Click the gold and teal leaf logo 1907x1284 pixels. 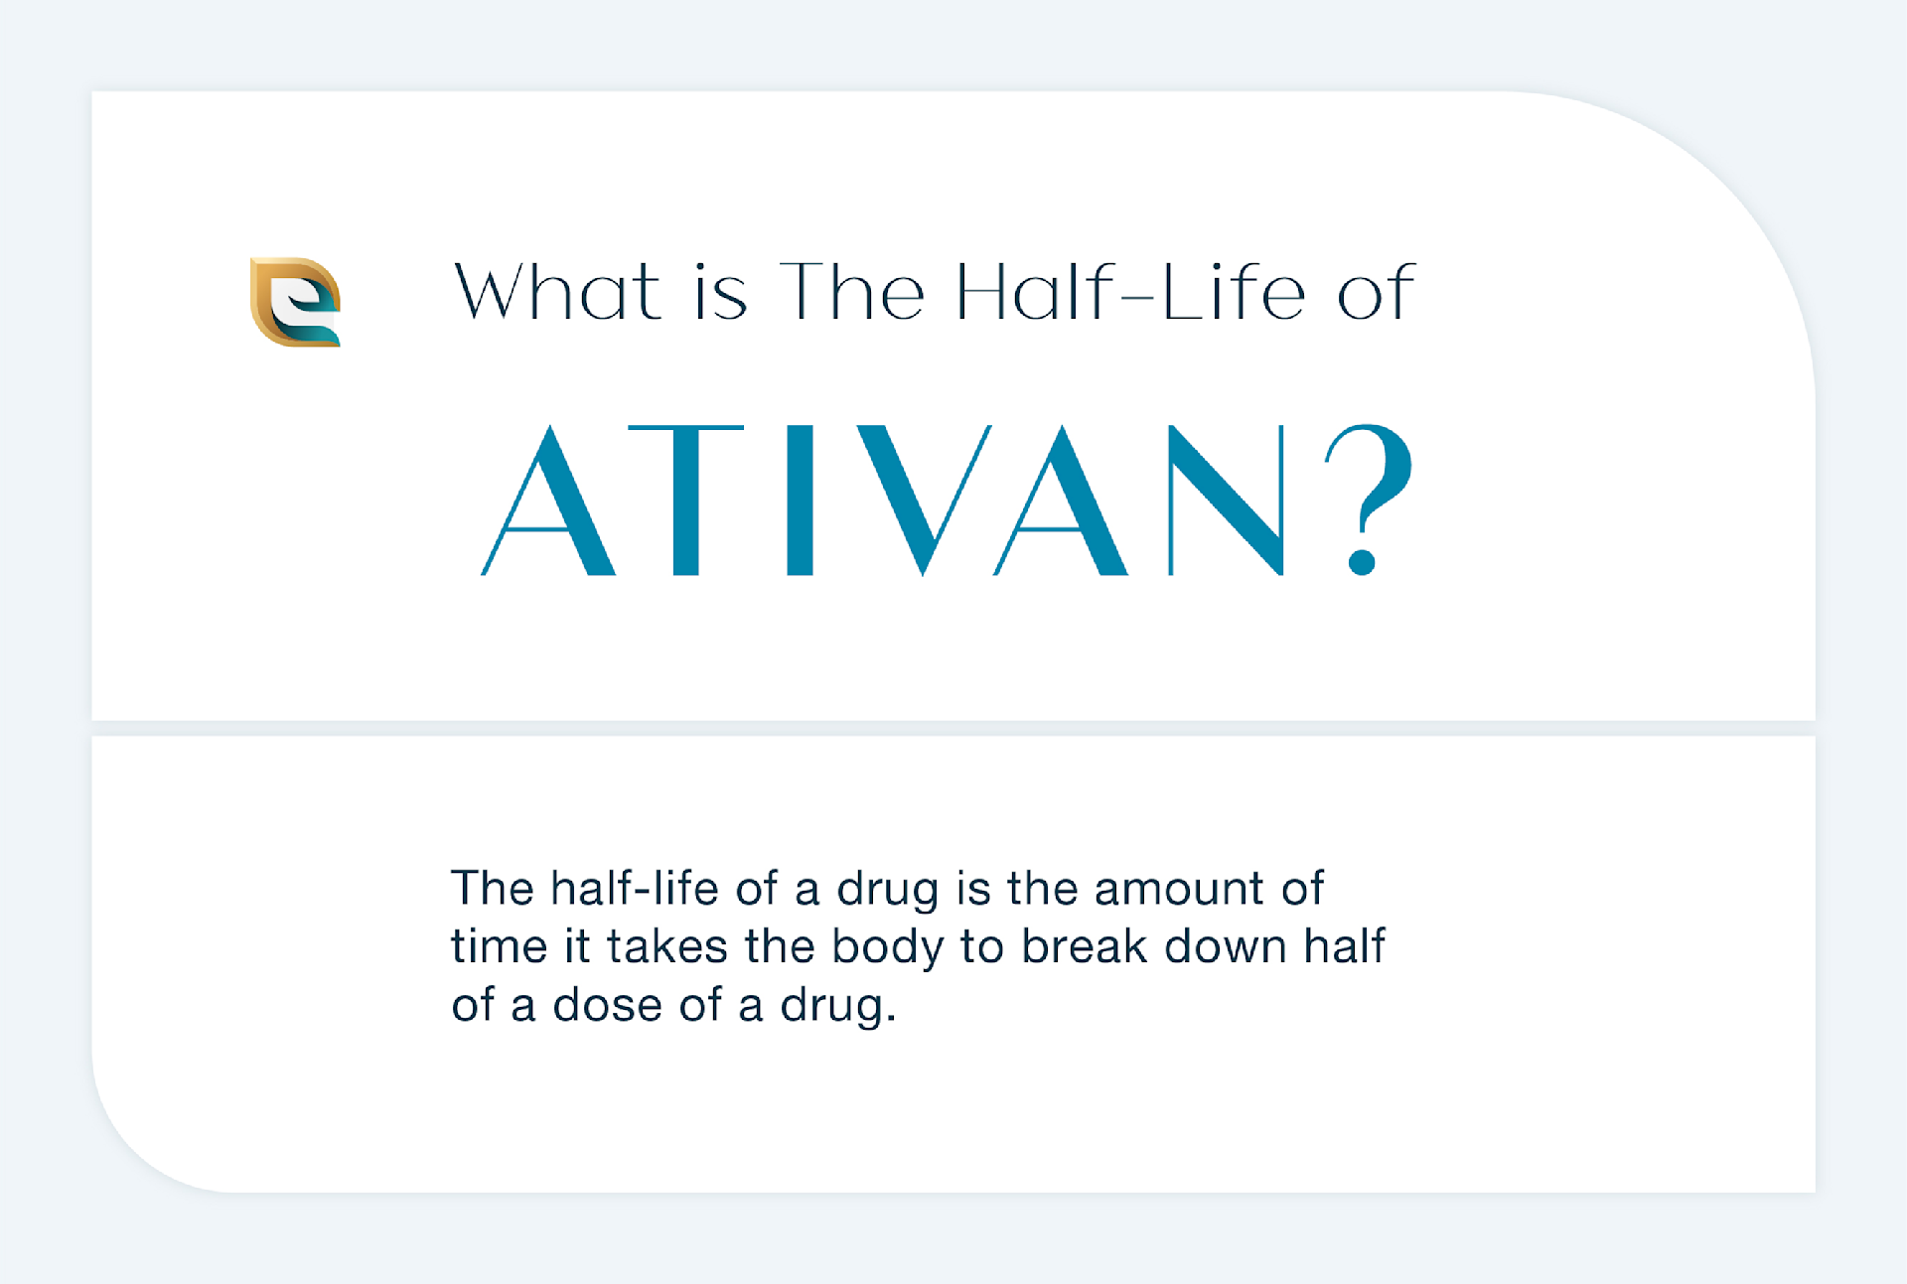click(x=295, y=302)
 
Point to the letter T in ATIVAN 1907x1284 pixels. click(x=686, y=499)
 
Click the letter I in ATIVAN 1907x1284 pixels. click(x=801, y=499)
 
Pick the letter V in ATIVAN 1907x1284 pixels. click(x=924, y=499)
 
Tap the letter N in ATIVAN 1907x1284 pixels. click(x=1227, y=499)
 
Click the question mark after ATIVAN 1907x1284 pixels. click(x=1368, y=499)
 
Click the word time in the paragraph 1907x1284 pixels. click(x=500, y=946)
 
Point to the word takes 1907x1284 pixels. click(x=667, y=946)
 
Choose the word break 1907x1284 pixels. click(x=1085, y=946)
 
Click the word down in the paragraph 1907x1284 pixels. click(x=1226, y=946)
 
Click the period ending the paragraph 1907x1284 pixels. click(x=891, y=1019)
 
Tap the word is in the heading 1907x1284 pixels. click(x=720, y=293)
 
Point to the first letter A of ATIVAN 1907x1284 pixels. click(x=548, y=499)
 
